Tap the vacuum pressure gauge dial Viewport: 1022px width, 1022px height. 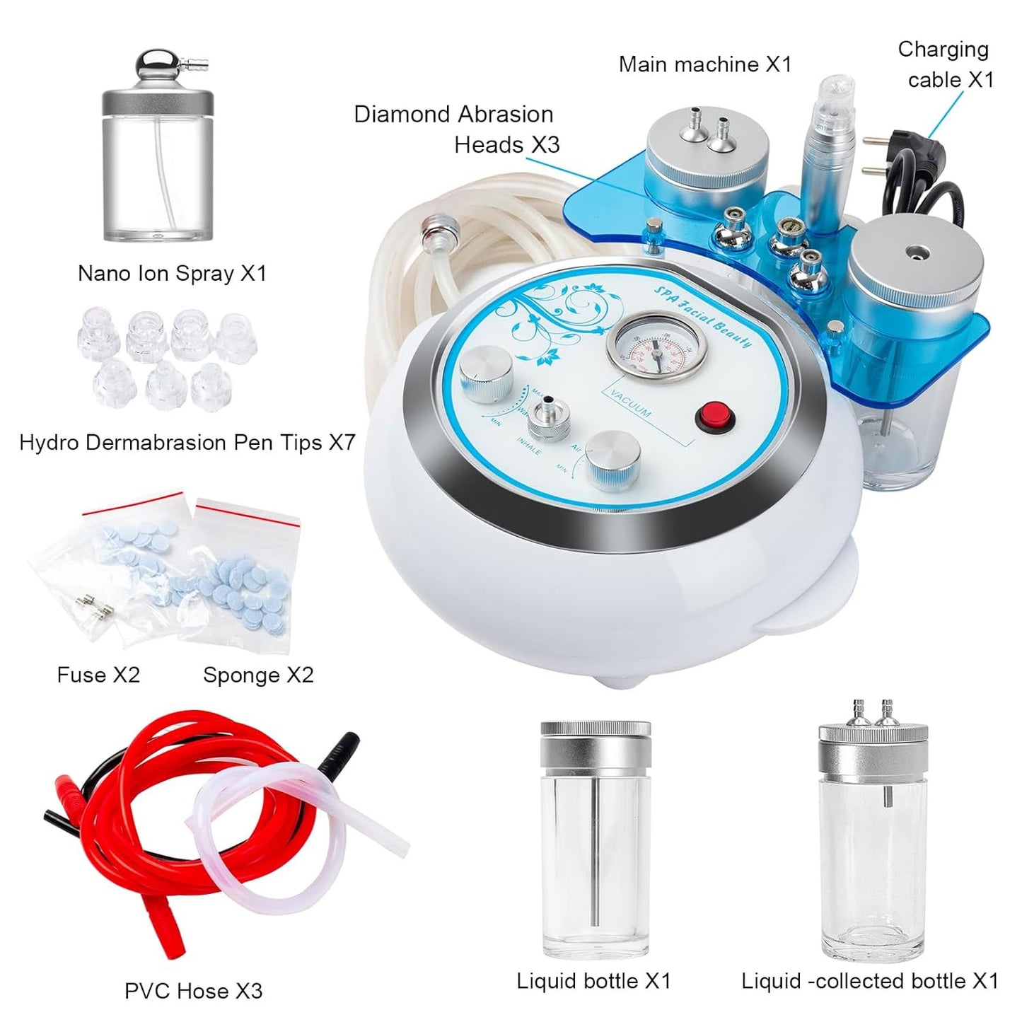[x=654, y=352]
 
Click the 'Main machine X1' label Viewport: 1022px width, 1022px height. [x=704, y=64]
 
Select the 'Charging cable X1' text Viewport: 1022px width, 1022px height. [x=946, y=64]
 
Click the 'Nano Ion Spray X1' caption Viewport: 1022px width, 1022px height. [x=172, y=273]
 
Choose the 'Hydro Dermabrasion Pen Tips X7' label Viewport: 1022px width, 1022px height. [x=187, y=443]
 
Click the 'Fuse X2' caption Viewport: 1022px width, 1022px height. [x=98, y=675]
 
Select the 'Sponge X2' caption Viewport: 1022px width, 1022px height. [x=258, y=675]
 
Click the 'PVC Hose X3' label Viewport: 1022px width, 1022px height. [x=193, y=991]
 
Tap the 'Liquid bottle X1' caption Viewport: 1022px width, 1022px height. [x=593, y=981]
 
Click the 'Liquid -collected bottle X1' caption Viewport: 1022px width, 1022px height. [x=869, y=981]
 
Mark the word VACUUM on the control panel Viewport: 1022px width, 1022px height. [x=632, y=405]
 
